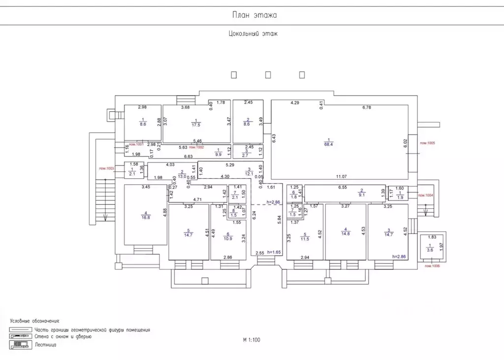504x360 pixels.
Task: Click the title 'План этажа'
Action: tap(254, 15)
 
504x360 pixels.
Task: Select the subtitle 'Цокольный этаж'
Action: tap(253, 34)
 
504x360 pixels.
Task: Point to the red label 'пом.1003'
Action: tap(107, 168)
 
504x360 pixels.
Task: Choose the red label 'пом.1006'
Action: tap(429, 266)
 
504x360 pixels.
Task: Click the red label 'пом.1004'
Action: tap(426, 196)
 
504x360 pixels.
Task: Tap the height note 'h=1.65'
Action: tap(274, 252)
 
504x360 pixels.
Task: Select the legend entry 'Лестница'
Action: tap(45, 345)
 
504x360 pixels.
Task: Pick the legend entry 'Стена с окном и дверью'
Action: tap(63, 337)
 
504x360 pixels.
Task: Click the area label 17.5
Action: tap(196, 125)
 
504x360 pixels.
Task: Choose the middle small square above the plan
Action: tap(268, 75)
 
